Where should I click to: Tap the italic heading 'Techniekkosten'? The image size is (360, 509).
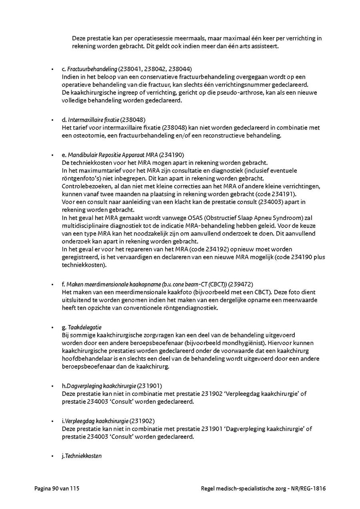(x=83, y=456)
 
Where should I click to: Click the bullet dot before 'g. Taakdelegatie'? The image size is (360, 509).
(x=52, y=327)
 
